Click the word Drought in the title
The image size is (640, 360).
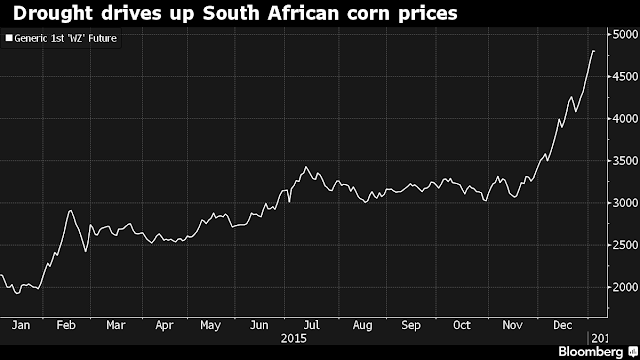(53, 14)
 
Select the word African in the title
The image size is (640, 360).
(304, 13)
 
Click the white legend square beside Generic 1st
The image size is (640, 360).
(9, 38)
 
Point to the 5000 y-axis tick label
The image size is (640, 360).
(625, 34)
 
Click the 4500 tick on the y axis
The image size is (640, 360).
(625, 76)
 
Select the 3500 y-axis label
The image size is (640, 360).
(625, 161)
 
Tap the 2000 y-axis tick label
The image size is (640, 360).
(625, 287)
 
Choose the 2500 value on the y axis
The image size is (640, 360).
(625, 245)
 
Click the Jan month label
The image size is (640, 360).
(21, 325)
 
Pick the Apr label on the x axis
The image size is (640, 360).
(164, 326)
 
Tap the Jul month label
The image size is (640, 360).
(311, 325)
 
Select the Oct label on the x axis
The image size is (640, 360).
(462, 325)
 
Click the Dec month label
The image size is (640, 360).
(562, 325)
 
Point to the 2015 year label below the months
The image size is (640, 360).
(293, 339)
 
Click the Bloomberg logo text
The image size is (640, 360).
(591, 352)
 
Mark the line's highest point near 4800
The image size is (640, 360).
(593, 51)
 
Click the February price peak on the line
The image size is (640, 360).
(70, 211)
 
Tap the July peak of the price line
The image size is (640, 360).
(306, 167)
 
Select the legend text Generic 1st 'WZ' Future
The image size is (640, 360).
(66, 38)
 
